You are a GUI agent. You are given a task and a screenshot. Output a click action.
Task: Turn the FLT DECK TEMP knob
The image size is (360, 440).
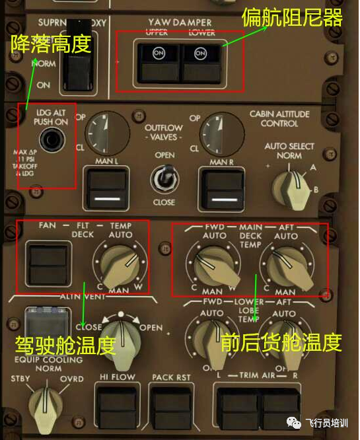click(119, 264)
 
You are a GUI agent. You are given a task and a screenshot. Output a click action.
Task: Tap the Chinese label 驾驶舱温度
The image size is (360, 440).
click(65, 344)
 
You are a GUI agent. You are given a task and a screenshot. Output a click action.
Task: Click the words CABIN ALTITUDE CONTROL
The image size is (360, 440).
click(279, 119)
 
